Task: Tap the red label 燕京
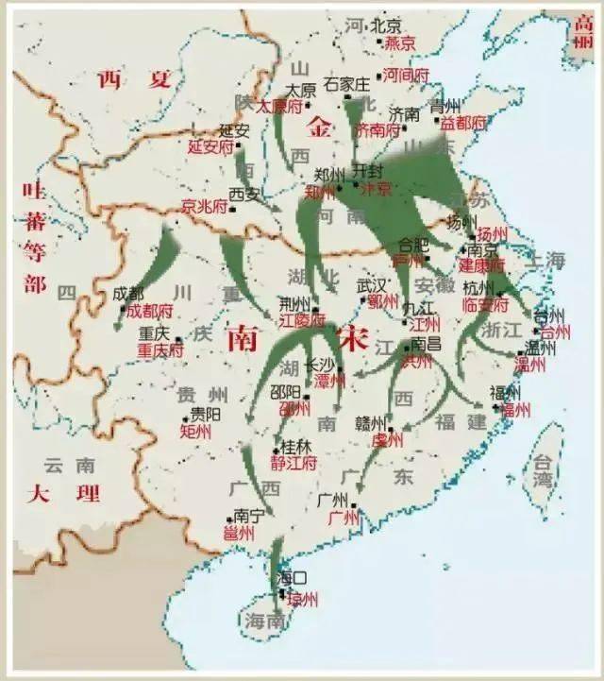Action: coord(400,43)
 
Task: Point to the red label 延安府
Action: coord(210,147)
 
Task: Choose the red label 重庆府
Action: coord(160,350)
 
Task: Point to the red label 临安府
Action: coord(487,305)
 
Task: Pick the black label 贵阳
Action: coord(206,414)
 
